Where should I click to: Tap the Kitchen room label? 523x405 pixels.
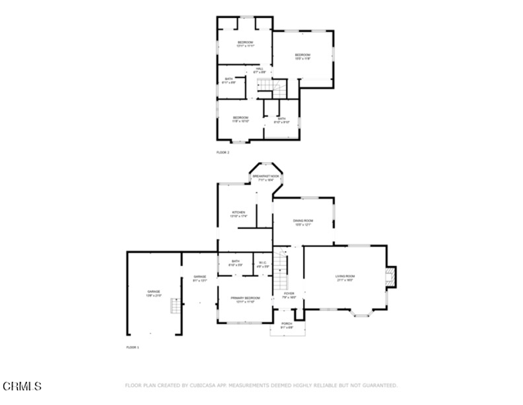239,214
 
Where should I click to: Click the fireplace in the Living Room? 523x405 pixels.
392,278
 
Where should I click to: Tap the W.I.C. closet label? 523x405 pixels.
262,264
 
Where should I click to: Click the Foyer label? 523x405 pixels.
288,295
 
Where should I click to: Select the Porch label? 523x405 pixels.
287,326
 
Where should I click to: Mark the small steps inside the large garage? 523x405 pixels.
173,307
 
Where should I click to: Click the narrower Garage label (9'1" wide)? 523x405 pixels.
199,278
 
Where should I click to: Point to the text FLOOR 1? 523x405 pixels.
132,348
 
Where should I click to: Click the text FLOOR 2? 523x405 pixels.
223,153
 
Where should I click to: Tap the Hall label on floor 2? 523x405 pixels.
259,71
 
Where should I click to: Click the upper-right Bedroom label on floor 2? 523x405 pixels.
302,56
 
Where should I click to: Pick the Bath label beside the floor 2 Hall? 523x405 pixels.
229,80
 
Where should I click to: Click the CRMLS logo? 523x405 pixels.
22,385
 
